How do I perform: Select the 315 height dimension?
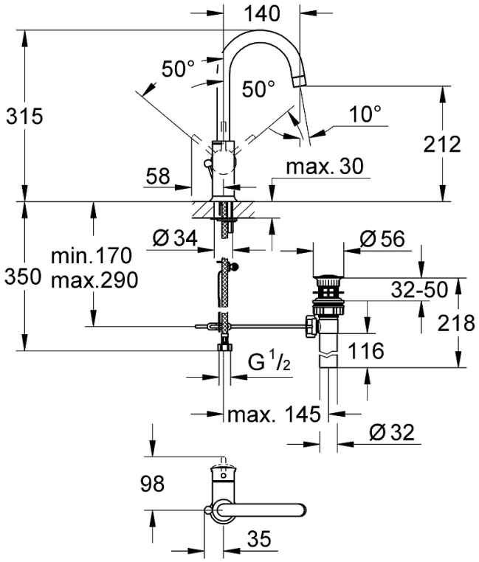point(25,117)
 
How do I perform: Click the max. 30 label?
point(325,167)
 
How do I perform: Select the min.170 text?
point(92,257)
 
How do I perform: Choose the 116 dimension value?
point(366,351)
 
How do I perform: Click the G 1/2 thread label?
point(266,363)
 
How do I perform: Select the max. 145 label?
point(274,415)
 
